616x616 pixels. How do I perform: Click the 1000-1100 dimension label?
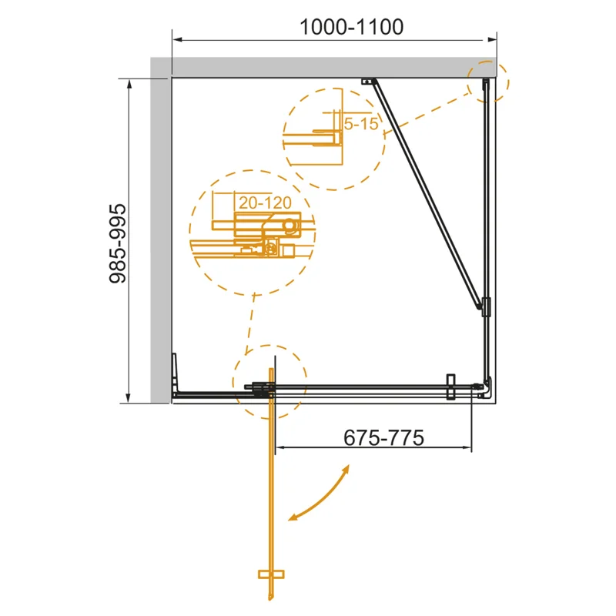[x=351, y=27]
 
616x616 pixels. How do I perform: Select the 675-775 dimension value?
[x=383, y=437]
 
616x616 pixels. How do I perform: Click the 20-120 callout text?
[x=264, y=203]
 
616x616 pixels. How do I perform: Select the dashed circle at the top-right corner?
[x=488, y=80]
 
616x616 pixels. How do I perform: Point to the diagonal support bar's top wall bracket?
[x=368, y=80]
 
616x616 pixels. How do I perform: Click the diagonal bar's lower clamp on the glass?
[x=484, y=305]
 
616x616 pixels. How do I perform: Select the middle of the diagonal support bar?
[x=427, y=192]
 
